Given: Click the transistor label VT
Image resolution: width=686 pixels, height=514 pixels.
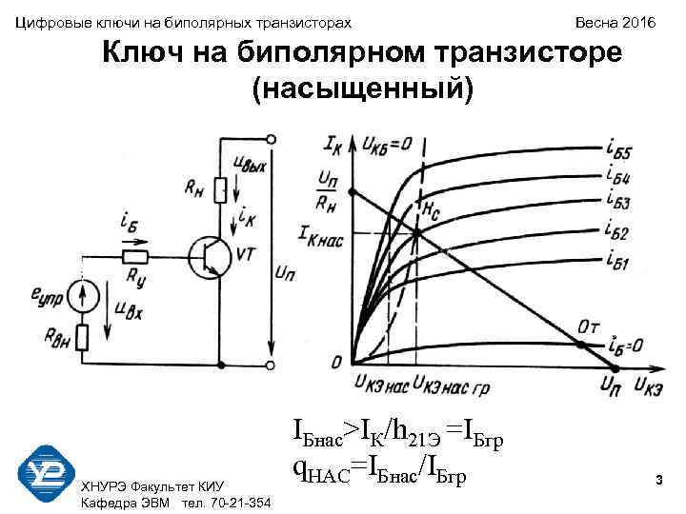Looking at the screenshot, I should pos(247,253).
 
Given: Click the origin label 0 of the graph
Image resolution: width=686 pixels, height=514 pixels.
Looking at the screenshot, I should pos(336,363).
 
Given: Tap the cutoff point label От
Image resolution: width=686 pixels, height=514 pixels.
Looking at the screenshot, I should pos(590,327).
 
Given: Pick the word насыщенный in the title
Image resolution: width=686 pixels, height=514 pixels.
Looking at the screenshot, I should pos(361,89).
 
